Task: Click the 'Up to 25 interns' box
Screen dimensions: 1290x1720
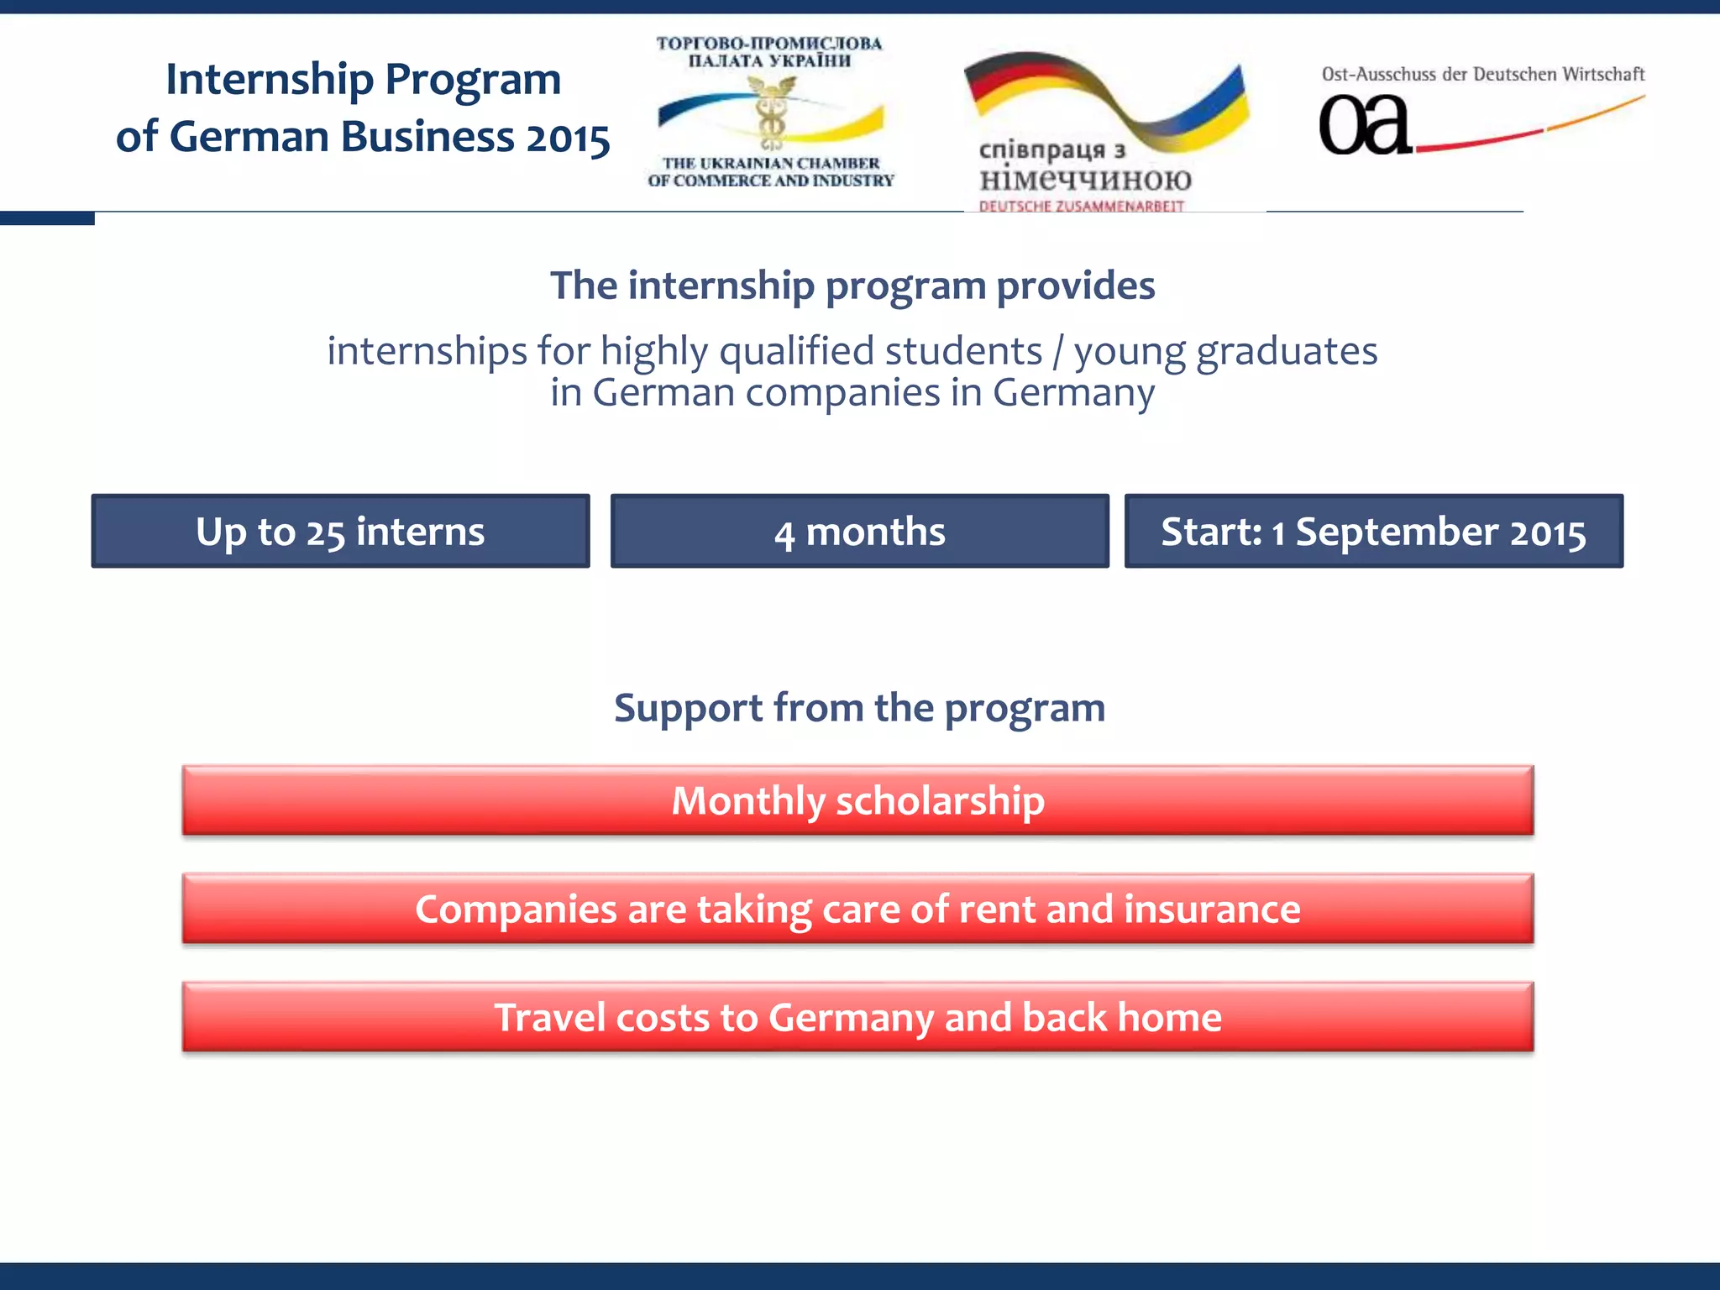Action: [340, 531]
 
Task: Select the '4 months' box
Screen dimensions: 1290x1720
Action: [859, 531]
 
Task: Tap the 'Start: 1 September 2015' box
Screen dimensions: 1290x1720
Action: [1373, 531]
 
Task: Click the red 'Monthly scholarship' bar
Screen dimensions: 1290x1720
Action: [857, 800]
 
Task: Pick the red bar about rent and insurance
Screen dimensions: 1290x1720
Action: [857, 909]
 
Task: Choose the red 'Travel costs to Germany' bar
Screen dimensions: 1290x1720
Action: [857, 1017]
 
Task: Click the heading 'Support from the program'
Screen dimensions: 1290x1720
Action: [859, 707]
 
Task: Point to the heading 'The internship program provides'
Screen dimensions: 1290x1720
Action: [852, 286]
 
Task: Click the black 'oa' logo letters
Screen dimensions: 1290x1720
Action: [1364, 126]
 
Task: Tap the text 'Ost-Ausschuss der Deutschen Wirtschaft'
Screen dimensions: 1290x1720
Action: [1482, 74]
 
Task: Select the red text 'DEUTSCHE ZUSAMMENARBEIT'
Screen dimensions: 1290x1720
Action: [1081, 206]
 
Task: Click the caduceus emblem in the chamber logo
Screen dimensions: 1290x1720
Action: [770, 113]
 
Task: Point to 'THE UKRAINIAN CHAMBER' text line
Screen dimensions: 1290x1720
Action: [770, 163]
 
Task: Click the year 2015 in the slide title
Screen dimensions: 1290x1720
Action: [568, 138]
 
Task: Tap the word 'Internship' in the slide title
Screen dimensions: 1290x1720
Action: [269, 80]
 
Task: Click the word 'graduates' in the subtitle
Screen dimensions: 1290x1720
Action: [1287, 351]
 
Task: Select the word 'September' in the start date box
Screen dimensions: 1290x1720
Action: [1397, 532]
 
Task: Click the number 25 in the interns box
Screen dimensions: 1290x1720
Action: [325, 533]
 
